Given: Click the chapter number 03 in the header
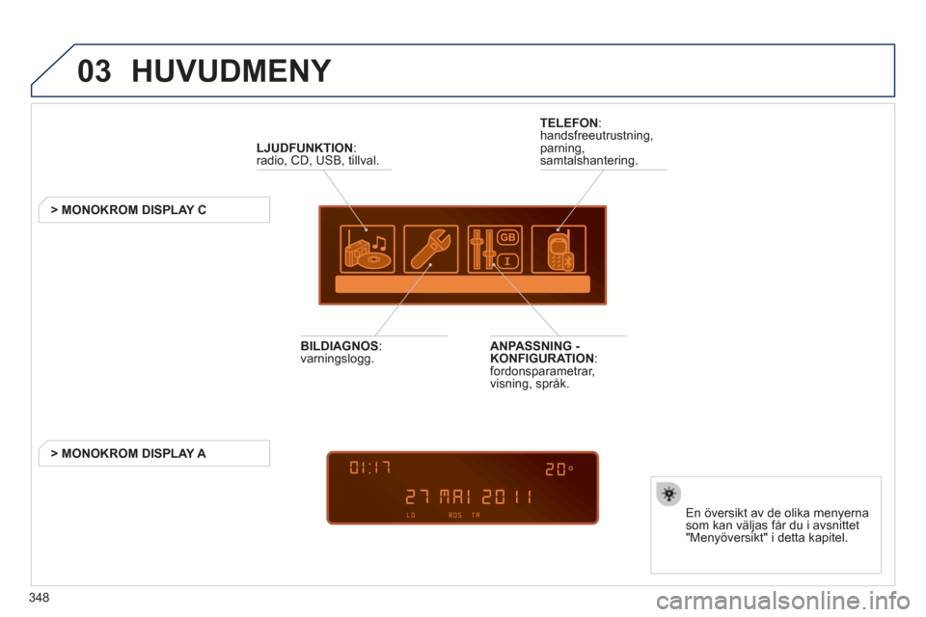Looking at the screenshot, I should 94,72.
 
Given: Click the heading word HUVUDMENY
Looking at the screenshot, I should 231,72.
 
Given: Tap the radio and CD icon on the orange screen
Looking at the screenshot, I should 367,249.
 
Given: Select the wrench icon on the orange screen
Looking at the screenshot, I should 430,249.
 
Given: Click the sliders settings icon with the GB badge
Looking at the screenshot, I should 494,249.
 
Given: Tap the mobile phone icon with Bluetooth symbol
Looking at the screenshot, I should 558,249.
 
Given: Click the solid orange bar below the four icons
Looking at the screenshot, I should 462,284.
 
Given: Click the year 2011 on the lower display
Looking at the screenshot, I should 508,498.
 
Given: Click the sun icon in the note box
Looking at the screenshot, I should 667,494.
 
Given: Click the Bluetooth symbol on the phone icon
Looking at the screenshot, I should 568,257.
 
